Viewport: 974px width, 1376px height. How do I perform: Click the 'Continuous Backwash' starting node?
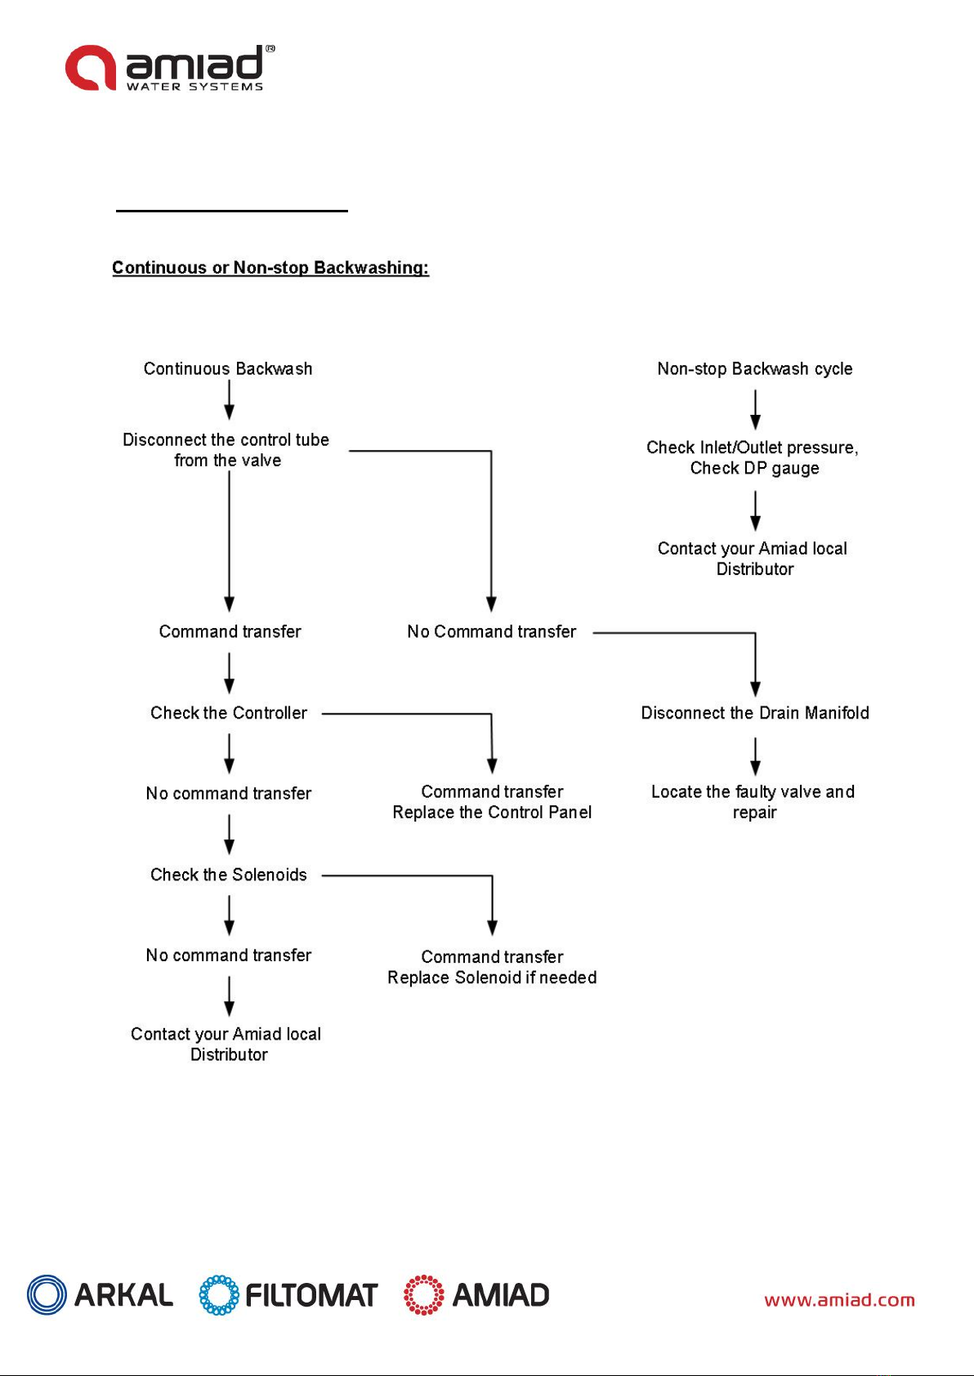tap(228, 368)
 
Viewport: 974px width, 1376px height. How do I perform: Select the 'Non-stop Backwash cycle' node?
tap(755, 368)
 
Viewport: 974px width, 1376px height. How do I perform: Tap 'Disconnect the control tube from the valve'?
tap(226, 450)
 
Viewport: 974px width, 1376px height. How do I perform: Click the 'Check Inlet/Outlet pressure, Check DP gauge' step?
tap(753, 457)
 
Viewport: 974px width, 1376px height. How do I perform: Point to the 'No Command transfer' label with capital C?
tap(492, 631)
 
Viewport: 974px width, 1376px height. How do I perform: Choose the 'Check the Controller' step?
tap(229, 713)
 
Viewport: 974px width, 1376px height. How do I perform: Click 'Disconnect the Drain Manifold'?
tap(755, 713)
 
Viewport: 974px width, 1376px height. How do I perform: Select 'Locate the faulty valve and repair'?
tap(753, 802)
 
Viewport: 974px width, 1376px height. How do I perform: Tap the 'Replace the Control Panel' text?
tap(492, 812)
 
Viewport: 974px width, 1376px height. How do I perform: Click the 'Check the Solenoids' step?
tap(229, 874)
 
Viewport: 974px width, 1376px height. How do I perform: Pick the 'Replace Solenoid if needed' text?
tap(492, 977)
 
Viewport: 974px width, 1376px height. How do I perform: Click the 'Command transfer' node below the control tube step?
tap(230, 631)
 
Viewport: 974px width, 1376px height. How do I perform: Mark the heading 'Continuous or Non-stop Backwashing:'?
tap(270, 268)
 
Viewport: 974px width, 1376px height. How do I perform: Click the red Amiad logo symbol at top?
tap(91, 68)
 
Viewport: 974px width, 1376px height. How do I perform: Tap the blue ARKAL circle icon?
tap(47, 1295)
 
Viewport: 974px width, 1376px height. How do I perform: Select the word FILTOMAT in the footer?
tap(311, 1295)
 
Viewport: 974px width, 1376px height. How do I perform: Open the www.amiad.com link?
tap(839, 1300)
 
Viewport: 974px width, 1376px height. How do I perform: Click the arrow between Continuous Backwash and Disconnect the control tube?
tap(230, 400)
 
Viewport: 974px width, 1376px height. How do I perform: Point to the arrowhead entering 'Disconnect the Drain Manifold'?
tap(755, 689)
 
